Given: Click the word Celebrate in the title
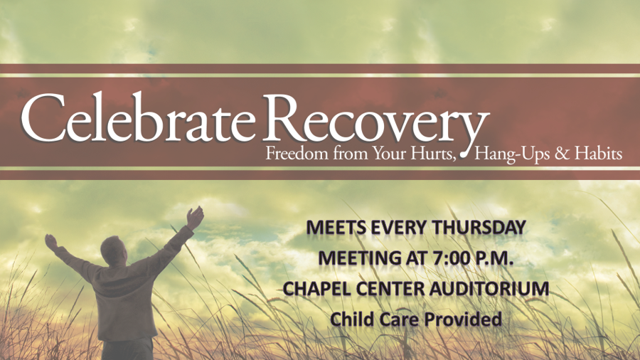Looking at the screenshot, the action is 138,117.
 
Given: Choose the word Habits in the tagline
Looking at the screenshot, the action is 598,154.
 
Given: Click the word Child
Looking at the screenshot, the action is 352,319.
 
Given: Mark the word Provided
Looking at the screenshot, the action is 463,319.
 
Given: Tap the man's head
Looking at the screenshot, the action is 114,250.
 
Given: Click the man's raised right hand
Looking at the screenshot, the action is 194,217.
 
